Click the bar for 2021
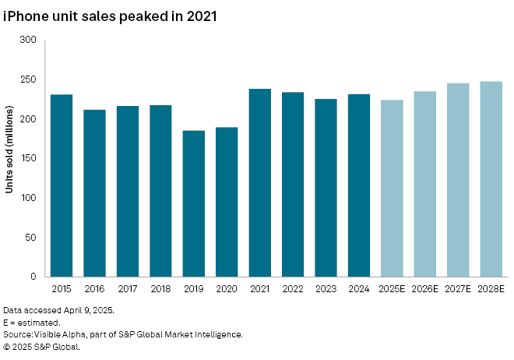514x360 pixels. point(260,183)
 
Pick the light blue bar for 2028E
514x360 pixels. point(491,179)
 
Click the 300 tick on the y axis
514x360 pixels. point(29,40)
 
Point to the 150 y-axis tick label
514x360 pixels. point(29,158)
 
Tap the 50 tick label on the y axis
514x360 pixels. point(32,237)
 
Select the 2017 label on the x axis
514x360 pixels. point(128,288)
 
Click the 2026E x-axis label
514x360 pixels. point(424,288)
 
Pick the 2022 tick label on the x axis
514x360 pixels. point(293,288)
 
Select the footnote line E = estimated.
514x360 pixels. point(32,322)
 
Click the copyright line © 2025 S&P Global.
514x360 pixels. point(42,347)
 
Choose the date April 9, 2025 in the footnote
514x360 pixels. point(89,309)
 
